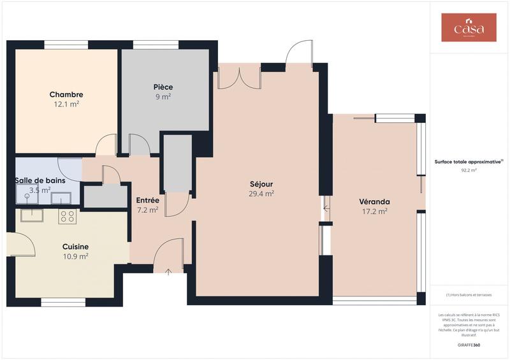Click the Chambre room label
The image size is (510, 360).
(66, 94)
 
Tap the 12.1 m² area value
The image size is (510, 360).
(66, 104)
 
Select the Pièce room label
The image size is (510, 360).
(163, 87)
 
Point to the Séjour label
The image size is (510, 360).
(261, 184)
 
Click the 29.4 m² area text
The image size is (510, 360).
(261, 194)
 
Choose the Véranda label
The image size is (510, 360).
(374, 201)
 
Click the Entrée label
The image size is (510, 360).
(147, 200)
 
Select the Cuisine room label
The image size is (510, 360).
(75, 247)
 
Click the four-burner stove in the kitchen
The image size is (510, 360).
(68, 216)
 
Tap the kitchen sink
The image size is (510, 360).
(32, 215)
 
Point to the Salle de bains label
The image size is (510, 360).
(40, 180)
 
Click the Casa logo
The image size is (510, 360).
(469, 27)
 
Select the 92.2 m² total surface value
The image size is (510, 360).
(469, 171)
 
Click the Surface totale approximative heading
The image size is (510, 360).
(469, 162)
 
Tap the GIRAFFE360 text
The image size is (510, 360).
(469, 345)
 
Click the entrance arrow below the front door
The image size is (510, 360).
(168, 272)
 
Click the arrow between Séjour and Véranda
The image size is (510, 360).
(326, 206)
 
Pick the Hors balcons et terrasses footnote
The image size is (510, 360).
(469, 294)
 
